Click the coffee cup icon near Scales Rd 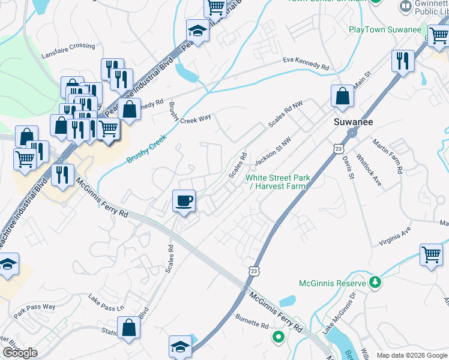pos(184,200)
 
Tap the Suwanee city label pos(354,122)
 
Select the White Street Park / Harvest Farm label pos(278,182)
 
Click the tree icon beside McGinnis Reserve pos(375,282)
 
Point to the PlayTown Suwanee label pos(384,29)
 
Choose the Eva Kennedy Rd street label pos(307,64)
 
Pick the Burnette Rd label pos(252,321)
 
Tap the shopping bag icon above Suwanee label pos(342,96)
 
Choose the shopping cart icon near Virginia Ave pos(431,254)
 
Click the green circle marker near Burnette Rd pos(278,337)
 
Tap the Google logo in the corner pos(20,353)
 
